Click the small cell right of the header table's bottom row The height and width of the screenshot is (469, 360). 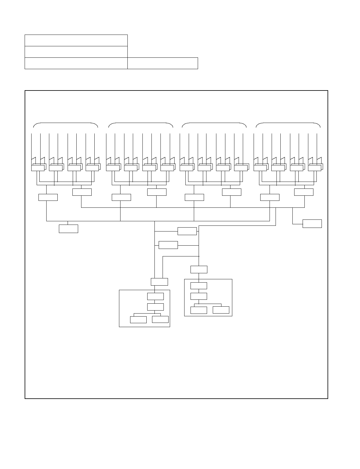click(163, 63)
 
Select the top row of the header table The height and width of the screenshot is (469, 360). click(76, 40)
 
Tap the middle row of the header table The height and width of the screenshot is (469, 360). click(76, 52)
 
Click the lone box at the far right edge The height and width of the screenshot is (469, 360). click(312, 224)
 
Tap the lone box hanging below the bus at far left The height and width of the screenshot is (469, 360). click(69, 228)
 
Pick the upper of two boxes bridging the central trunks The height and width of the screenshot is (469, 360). click(187, 231)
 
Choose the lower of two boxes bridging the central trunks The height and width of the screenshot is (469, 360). click(168, 245)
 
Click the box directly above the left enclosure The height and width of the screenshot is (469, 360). click(159, 282)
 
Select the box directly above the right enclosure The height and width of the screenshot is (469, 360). click(199, 269)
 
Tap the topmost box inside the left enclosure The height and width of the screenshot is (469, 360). click(155, 296)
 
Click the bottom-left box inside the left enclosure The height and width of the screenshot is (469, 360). click(138, 320)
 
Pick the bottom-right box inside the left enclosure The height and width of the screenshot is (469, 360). click(160, 319)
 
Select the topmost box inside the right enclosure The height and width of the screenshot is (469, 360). click(199, 286)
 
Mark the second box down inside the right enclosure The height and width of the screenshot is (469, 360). click(199, 296)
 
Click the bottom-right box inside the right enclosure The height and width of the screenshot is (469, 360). click(221, 310)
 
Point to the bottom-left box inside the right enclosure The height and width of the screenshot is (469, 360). click(199, 310)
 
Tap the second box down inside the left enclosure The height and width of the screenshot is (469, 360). click(155, 307)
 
